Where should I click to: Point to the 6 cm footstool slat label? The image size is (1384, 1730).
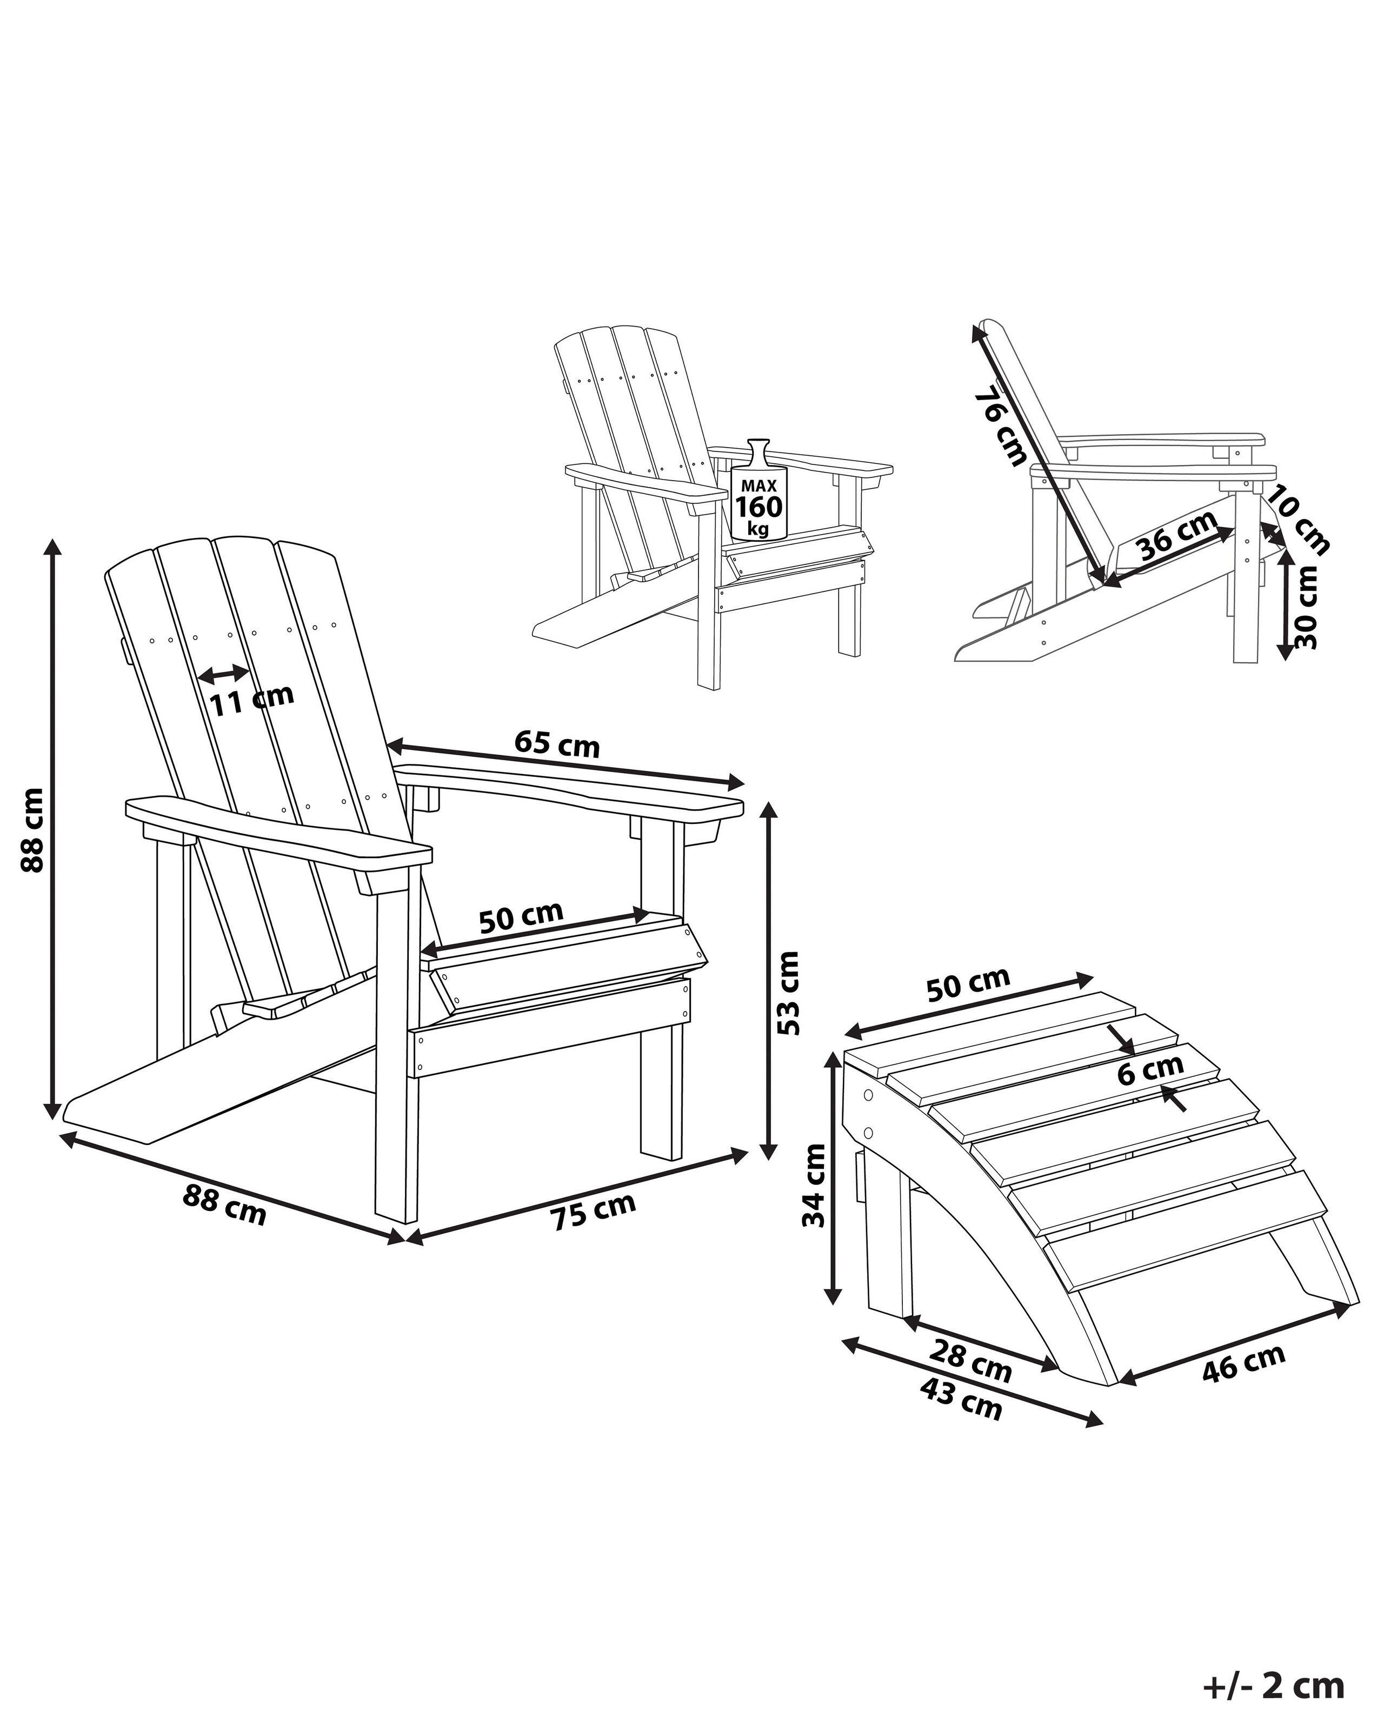[1150, 1070]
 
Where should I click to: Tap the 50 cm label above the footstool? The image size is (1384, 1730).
[968, 984]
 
